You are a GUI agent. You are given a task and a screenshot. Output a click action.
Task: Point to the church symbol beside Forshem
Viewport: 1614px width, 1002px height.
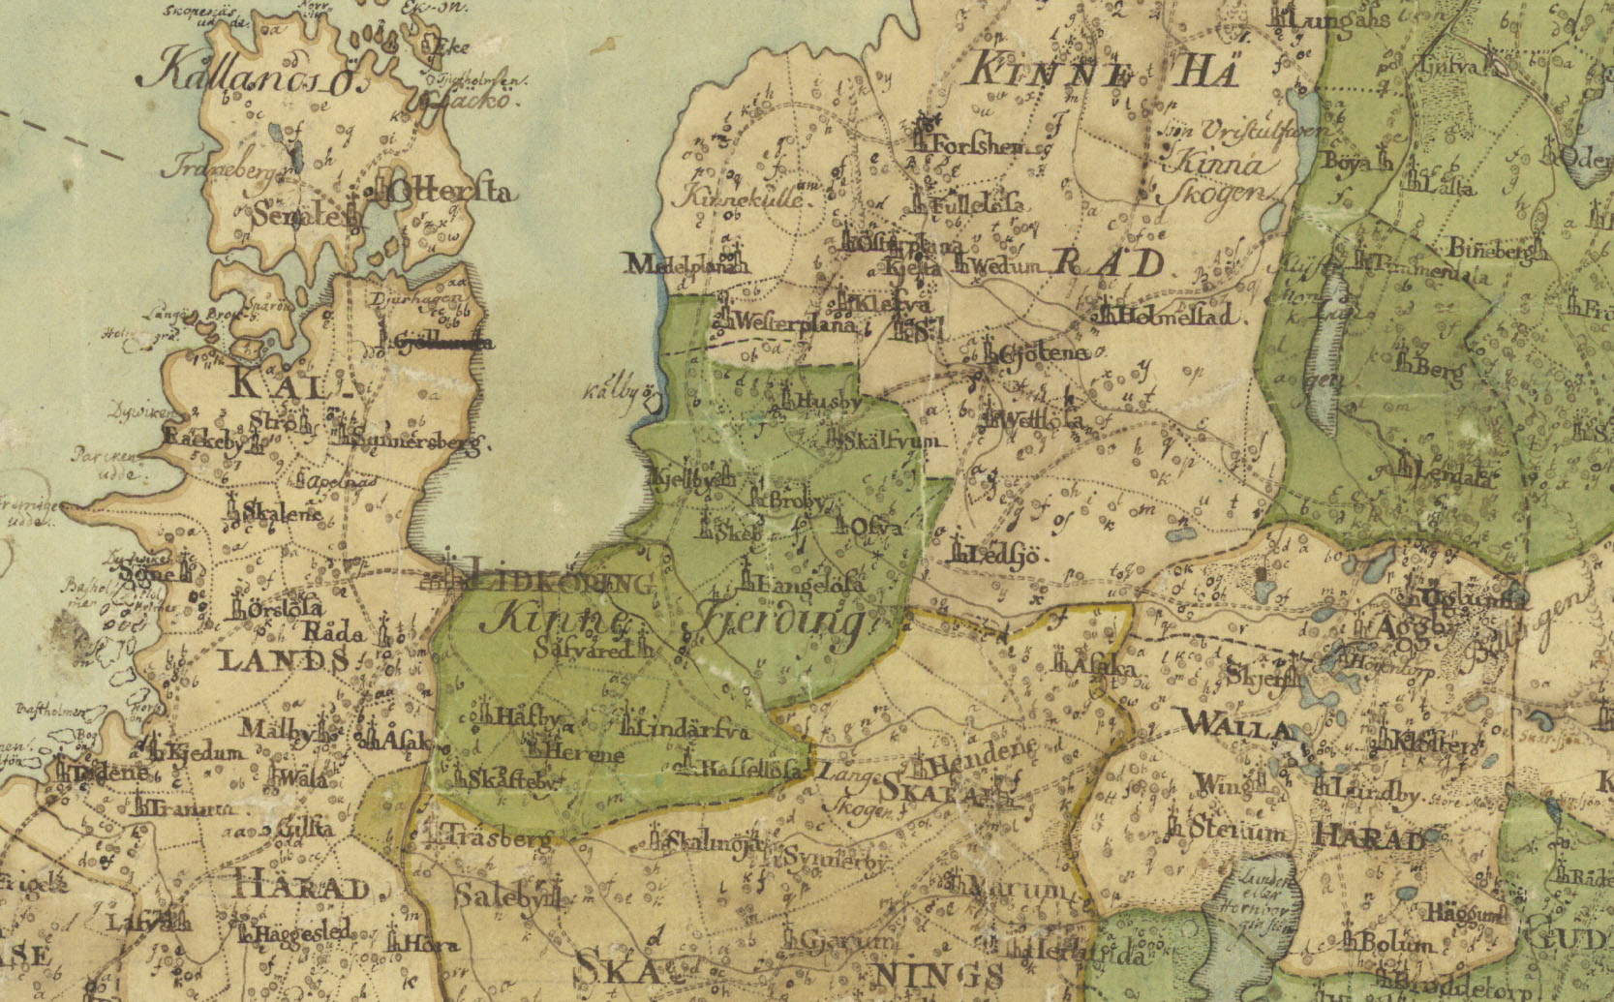(924, 138)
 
